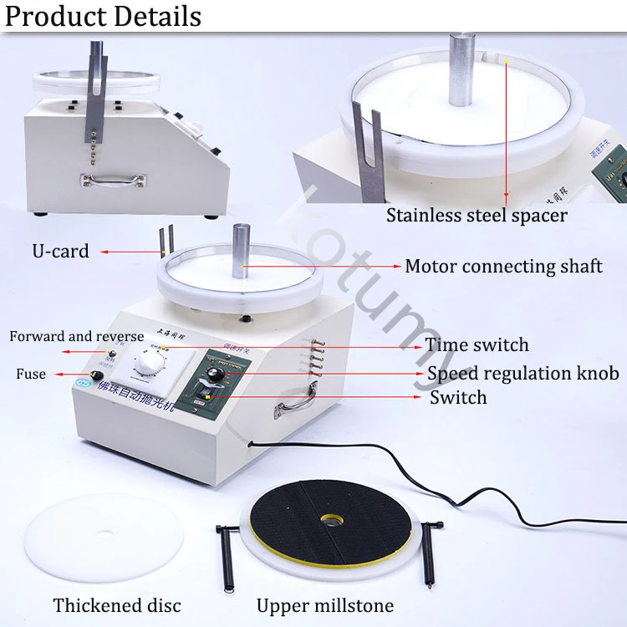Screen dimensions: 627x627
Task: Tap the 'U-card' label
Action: point(60,251)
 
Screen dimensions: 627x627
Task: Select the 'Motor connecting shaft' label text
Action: point(503,267)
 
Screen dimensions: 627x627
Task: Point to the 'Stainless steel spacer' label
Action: point(477,216)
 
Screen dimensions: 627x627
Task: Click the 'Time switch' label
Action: point(477,345)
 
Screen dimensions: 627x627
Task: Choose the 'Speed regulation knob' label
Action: point(523,374)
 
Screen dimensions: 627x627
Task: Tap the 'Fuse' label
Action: point(31,374)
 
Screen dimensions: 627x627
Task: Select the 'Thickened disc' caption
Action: point(117,605)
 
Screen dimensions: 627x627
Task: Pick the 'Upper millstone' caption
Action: point(325,605)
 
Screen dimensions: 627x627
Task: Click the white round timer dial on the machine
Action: point(150,363)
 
